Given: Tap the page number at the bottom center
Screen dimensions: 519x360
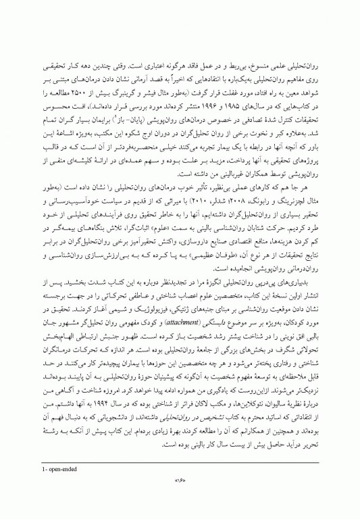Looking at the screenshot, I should [180, 480].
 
